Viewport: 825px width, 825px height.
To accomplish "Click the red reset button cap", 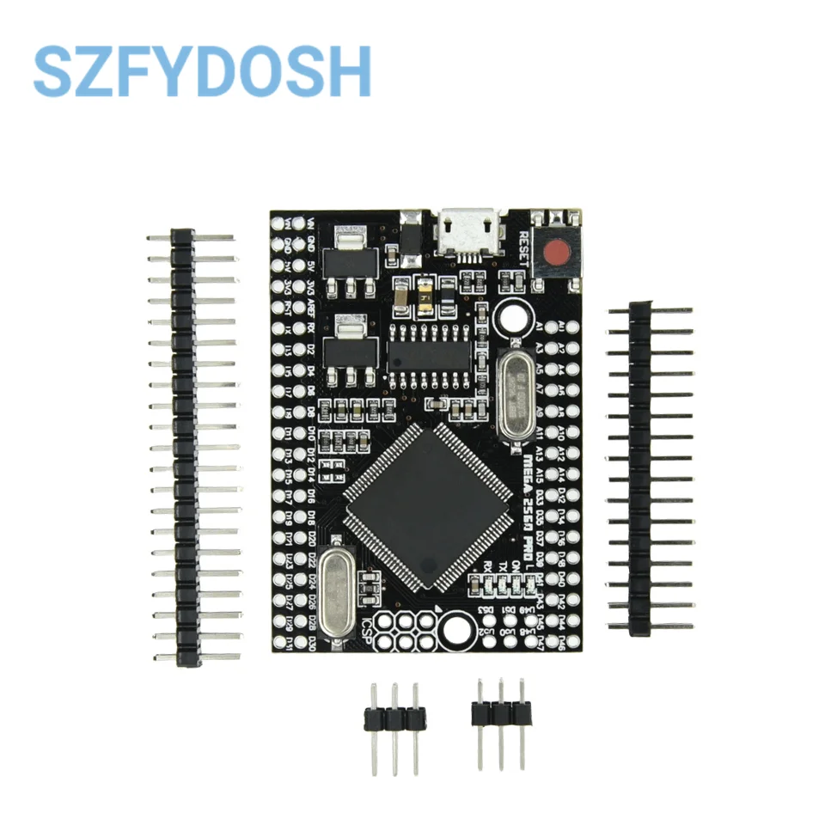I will (558, 253).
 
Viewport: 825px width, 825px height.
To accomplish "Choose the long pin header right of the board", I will (639, 467).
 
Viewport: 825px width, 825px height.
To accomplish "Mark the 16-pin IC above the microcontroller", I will (430, 353).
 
